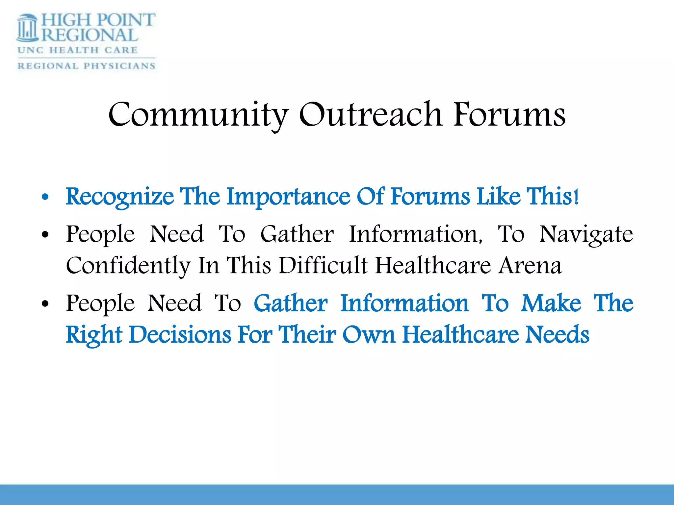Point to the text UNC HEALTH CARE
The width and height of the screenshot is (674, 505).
pyautogui.click(x=78, y=50)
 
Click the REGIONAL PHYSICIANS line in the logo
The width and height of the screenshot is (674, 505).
pyautogui.click(x=86, y=66)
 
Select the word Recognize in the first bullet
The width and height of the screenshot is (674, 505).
pyautogui.click(x=120, y=197)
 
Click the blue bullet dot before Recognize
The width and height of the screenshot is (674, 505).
pyautogui.click(x=45, y=198)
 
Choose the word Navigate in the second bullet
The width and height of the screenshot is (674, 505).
pyautogui.click(x=586, y=234)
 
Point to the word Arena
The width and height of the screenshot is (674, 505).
pyautogui.click(x=530, y=266)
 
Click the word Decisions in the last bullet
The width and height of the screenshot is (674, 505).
pyautogui.click(x=180, y=335)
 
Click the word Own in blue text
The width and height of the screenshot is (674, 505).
pyautogui.click(x=369, y=335)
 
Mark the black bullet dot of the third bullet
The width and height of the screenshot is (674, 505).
pyautogui.click(x=45, y=304)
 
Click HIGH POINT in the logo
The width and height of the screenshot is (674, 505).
pyautogui.click(x=98, y=20)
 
